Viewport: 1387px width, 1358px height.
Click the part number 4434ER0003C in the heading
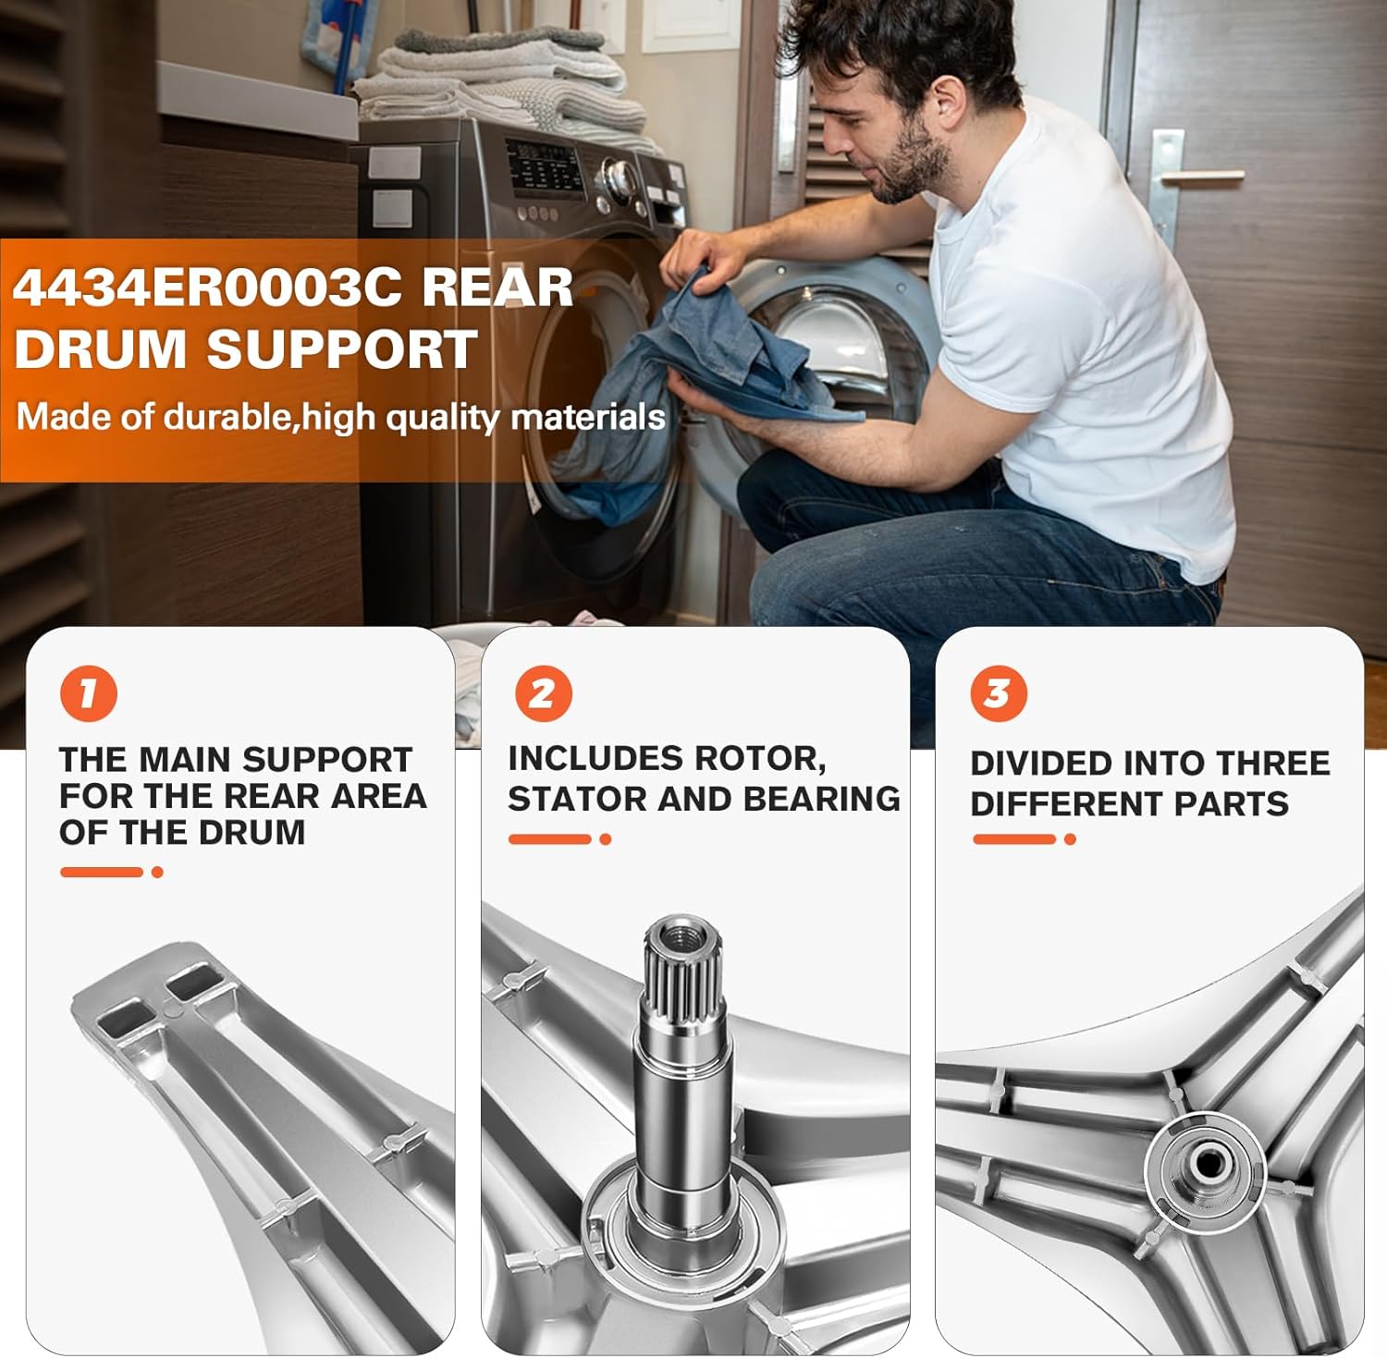[x=207, y=288]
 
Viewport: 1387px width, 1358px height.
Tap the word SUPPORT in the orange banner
[x=341, y=349]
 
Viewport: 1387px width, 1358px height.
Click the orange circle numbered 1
[x=89, y=693]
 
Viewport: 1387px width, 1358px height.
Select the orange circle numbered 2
[x=543, y=693]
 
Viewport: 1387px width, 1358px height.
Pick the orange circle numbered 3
[x=999, y=693]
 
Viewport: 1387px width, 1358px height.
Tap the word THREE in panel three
[x=1272, y=764]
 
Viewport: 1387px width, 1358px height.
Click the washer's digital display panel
[x=546, y=167]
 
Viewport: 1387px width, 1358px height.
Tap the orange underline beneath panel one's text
[x=102, y=872]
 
